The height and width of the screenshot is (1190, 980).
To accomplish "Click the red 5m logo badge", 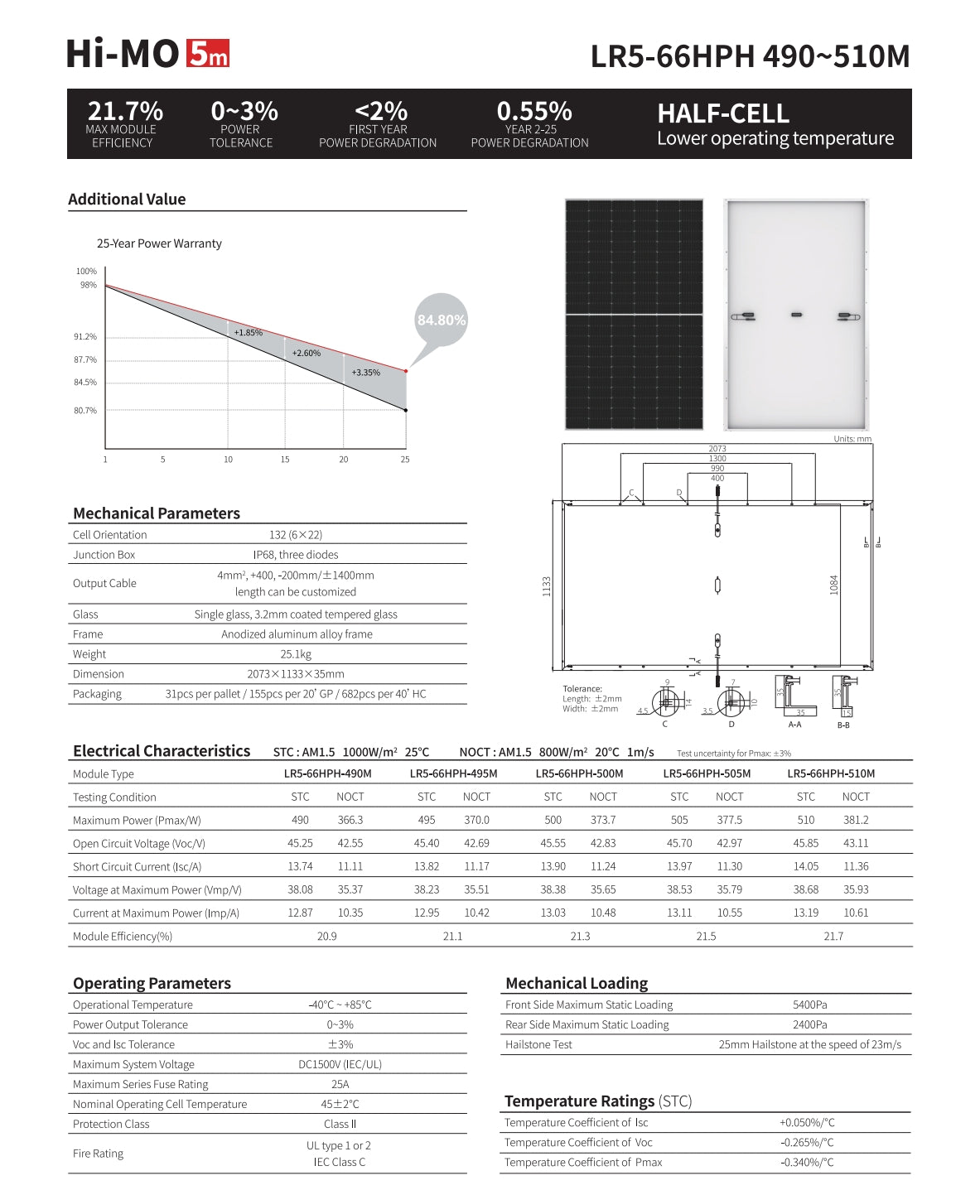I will (208, 54).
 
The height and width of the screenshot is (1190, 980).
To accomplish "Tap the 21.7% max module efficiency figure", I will (125, 111).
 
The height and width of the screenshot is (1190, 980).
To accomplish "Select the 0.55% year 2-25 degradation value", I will (534, 111).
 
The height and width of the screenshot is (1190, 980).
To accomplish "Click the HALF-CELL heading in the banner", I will (723, 113).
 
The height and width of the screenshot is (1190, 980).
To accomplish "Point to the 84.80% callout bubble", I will (442, 320).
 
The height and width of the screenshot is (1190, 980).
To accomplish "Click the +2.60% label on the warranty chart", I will (306, 353).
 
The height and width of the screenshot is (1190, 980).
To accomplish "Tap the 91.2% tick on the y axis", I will (85, 337).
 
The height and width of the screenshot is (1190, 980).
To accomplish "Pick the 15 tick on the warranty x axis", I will (285, 459).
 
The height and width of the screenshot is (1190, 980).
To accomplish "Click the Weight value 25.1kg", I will (296, 654).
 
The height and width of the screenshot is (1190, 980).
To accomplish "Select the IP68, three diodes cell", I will (296, 555).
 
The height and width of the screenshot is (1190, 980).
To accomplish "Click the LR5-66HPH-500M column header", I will (579, 773).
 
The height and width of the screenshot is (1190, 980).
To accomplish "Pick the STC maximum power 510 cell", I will (805, 820).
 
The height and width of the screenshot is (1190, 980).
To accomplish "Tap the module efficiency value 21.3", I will (580, 936).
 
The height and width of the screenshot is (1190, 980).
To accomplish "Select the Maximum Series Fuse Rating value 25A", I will (340, 1084).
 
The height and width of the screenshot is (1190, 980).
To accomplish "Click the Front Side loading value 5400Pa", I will (809, 1005).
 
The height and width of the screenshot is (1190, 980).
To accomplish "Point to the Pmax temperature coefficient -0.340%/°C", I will (807, 1162).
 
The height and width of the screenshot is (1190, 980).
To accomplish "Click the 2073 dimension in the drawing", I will (717, 449).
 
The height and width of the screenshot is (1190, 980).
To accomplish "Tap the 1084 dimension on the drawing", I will (834, 585).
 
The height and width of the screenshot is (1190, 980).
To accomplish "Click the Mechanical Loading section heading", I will (577, 983).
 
